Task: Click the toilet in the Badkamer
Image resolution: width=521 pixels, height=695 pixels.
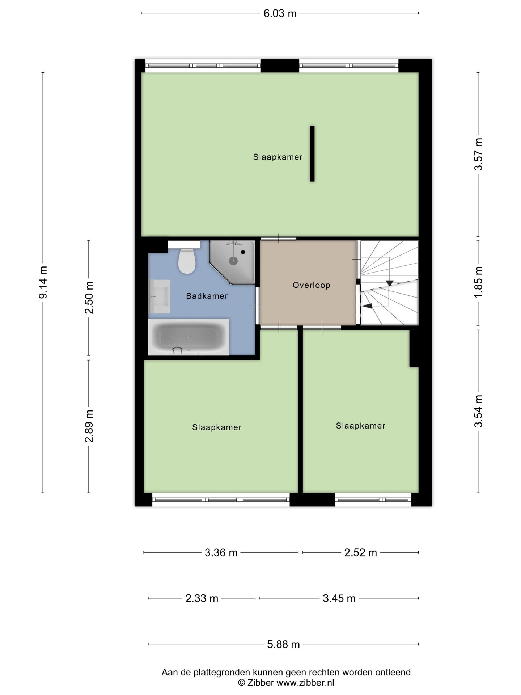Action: click(187, 261)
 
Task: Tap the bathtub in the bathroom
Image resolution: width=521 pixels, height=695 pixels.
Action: click(189, 337)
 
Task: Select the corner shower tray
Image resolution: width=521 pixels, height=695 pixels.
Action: click(232, 262)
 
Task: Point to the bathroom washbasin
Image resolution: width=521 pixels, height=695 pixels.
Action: click(159, 296)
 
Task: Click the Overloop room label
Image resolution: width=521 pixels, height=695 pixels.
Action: click(312, 285)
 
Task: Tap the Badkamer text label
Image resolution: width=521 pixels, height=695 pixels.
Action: click(207, 296)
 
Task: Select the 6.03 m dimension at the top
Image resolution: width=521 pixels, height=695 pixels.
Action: click(280, 13)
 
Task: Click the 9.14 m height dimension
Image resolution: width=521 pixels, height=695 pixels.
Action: click(43, 282)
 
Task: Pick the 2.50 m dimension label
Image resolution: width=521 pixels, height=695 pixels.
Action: click(89, 298)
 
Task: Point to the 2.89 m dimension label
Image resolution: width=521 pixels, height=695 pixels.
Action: click(89, 426)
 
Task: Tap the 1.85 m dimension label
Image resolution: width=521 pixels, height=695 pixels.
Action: click(478, 283)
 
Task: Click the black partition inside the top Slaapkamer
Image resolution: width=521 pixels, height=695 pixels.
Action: click(312, 153)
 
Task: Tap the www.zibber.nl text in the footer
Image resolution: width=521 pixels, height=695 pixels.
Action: click(305, 683)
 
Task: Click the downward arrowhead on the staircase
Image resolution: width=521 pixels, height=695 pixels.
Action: click(390, 283)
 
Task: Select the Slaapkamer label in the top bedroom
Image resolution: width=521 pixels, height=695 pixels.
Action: click(278, 157)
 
